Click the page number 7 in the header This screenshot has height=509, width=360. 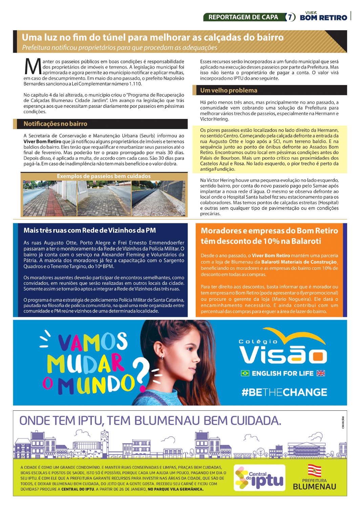tap(290, 17)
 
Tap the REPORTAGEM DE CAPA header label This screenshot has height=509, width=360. tap(243, 17)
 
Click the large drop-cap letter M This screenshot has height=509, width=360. tap(33, 67)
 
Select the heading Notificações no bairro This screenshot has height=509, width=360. tap(56, 124)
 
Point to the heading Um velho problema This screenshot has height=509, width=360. tap(229, 90)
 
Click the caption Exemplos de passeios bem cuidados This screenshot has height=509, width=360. tap(104, 176)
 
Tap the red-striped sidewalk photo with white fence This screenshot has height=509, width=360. tap(50, 198)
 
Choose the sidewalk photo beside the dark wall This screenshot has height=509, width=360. tap(158, 198)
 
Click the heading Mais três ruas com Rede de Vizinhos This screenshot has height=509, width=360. tap(90, 230)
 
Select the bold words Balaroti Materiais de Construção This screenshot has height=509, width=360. tap(299, 262)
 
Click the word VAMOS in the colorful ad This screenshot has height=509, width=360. tap(92, 342)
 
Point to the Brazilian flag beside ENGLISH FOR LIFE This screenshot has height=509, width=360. tap(245, 373)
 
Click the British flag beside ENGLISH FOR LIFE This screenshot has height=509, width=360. tap(321, 373)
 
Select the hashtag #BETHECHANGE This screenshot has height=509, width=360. tap(284, 392)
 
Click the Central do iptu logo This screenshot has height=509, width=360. tap(259, 478)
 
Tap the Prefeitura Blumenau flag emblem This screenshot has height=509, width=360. tap(314, 470)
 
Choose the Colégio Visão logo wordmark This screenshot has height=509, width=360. tap(283, 354)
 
